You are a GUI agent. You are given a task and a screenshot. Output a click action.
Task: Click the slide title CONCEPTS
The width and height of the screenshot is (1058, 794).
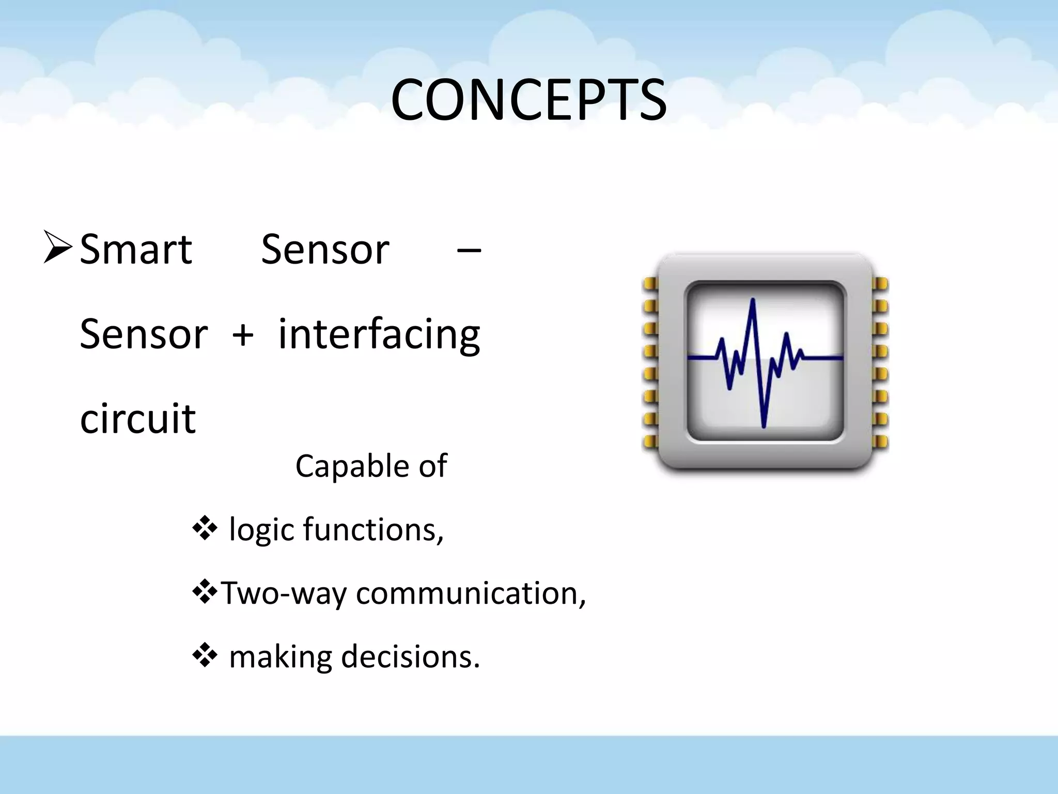528,101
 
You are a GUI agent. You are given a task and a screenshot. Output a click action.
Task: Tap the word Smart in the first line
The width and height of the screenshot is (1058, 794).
136,250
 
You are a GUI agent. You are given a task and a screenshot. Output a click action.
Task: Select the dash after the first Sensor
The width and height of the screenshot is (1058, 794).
469,251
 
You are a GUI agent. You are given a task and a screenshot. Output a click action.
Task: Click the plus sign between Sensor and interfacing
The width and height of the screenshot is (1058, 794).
243,335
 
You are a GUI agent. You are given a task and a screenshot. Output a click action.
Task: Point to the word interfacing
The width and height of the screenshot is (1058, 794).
379,335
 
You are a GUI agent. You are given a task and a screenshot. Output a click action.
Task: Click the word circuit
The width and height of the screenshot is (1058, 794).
137,419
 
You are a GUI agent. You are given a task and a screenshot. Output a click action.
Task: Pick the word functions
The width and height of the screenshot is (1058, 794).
373,529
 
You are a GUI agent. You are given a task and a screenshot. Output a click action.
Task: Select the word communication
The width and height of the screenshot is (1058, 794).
470,593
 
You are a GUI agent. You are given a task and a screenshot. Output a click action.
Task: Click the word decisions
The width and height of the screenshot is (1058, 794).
410,656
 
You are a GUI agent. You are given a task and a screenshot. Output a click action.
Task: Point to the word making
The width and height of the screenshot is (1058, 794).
281,658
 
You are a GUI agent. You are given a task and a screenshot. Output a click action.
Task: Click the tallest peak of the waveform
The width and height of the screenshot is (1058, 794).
753,301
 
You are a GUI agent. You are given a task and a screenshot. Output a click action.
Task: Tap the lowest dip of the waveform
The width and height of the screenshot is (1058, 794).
764,425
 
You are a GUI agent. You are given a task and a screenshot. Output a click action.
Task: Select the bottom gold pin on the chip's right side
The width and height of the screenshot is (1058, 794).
880,442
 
